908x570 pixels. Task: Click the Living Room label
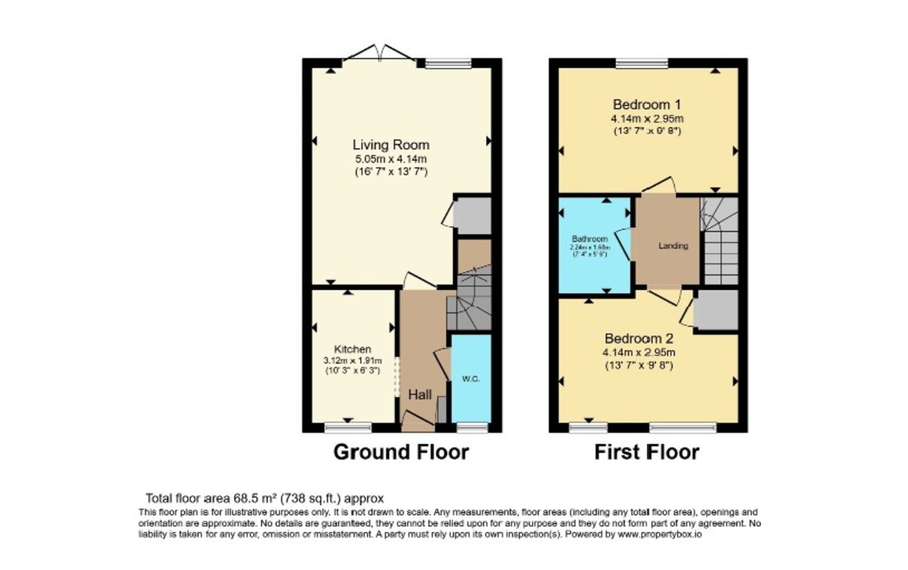(390, 145)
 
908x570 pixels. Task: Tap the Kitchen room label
(353, 349)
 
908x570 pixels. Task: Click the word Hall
(420, 395)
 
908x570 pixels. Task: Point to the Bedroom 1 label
(647, 104)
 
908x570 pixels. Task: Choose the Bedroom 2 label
(638, 338)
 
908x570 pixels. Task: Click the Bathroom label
(589, 238)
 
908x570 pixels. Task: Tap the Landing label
(673, 246)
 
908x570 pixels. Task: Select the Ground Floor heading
(401, 453)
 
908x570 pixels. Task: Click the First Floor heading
(646, 453)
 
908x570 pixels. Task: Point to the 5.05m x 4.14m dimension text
(390, 159)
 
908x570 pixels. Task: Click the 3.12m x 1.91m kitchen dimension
(353, 360)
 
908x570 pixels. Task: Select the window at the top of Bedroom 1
(641, 64)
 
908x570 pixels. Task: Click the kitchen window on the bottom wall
(348, 428)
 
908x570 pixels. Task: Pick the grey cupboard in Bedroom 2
(716, 310)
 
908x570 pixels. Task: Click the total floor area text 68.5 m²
(264, 498)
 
